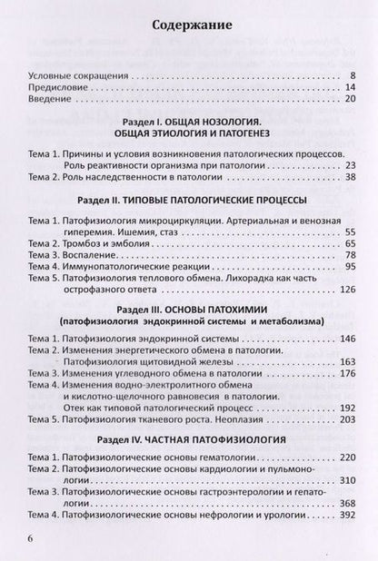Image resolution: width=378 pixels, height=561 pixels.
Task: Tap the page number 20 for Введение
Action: tap(349, 103)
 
